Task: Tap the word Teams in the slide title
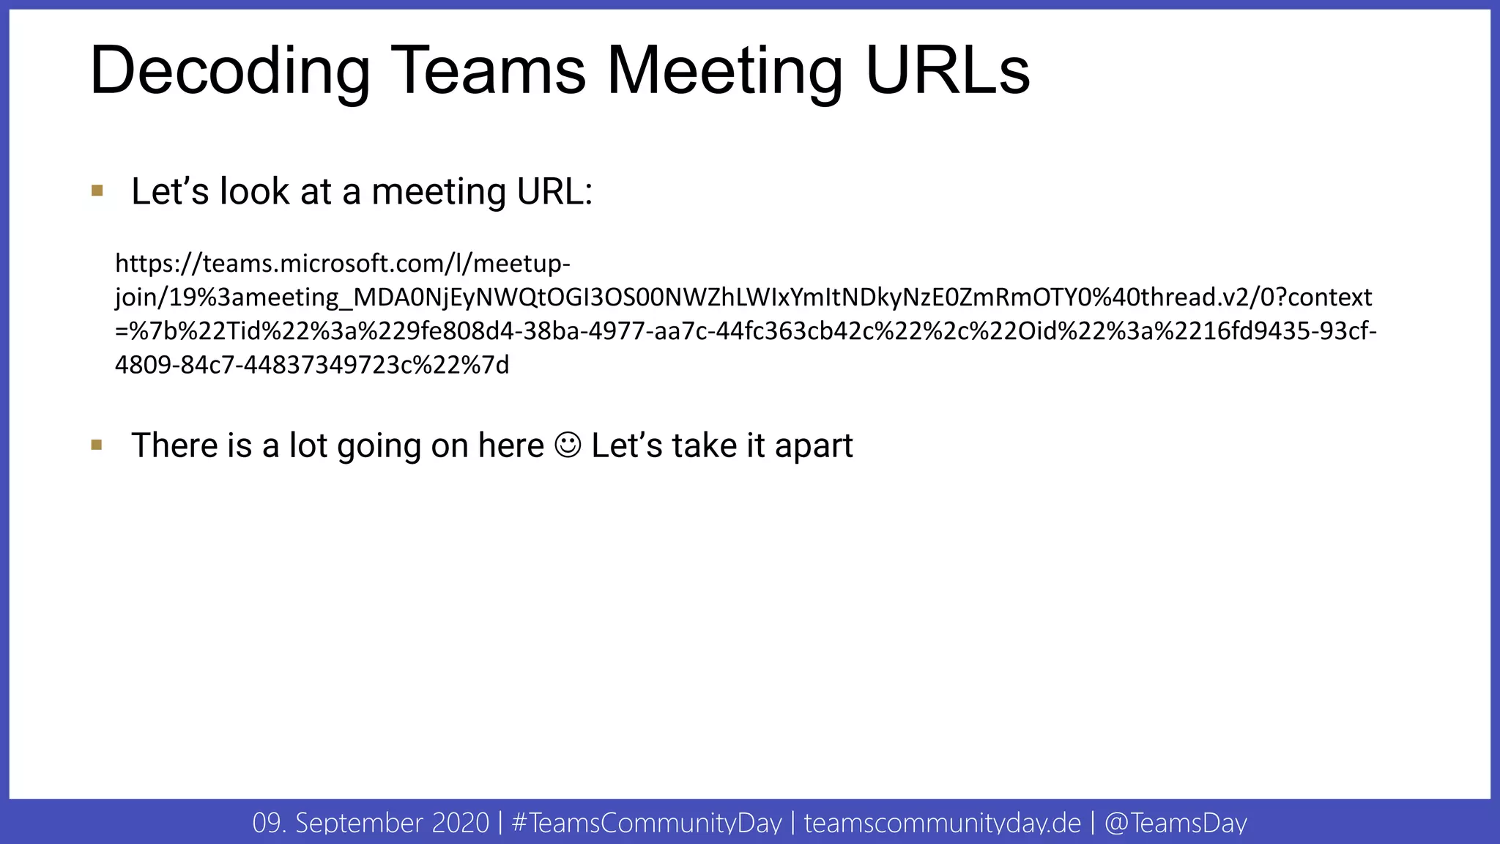point(488,71)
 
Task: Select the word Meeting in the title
point(725,71)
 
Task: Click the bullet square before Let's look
point(97,191)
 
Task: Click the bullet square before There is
point(97,445)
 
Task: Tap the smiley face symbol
point(568,445)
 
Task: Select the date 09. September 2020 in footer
point(371,823)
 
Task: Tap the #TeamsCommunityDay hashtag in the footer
point(647,823)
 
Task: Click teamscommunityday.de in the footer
point(942,823)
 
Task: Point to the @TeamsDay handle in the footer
point(1175,823)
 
